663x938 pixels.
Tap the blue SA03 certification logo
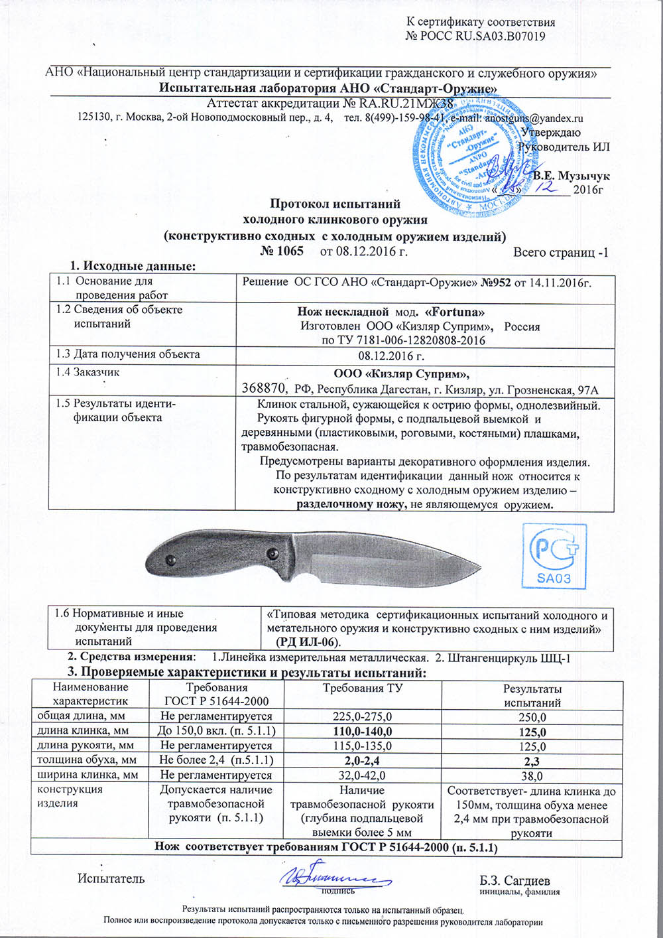point(554,556)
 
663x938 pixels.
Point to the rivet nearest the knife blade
point(272,553)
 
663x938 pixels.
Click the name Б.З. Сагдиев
point(514,880)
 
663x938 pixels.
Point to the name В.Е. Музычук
point(571,176)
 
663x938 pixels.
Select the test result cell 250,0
point(532,717)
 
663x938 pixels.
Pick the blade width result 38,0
point(532,775)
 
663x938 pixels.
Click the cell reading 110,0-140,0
point(361,732)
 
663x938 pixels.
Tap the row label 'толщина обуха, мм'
point(87,760)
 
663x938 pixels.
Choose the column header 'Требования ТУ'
point(362,689)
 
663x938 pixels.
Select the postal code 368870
point(264,389)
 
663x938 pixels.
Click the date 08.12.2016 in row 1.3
point(391,356)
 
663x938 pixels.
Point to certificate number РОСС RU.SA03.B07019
point(475,36)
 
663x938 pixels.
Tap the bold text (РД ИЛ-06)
point(308,643)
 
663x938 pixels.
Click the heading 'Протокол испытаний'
point(335,204)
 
